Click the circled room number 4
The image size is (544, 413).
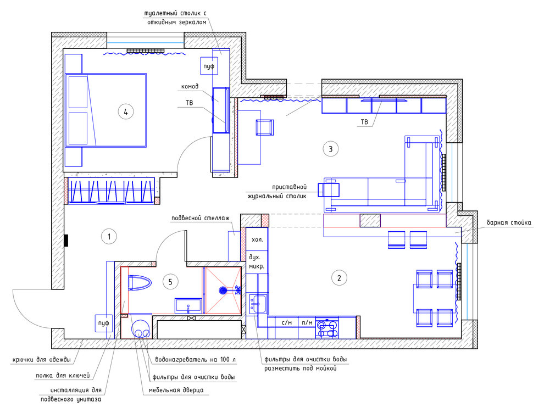[x=126, y=112]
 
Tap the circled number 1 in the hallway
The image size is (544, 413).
[x=109, y=237]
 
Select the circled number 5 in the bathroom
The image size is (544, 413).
[x=170, y=282]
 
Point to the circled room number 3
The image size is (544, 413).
[x=330, y=149]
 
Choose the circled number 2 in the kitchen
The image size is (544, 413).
[x=339, y=278]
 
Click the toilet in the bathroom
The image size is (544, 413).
[x=140, y=283]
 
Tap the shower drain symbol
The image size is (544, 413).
[x=223, y=290]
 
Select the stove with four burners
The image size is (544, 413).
[x=327, y=328]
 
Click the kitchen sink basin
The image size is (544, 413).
[x=257, y=303]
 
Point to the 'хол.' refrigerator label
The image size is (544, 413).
[x=257, y=239]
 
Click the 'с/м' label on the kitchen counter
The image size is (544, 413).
[x=287, y=322]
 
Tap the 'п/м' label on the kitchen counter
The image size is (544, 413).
[x=307, y=322]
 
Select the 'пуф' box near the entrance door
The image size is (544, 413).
[x=104, y=323]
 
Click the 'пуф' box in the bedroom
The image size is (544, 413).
[x=209, y=66]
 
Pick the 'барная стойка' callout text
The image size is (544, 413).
[x=509, y=222]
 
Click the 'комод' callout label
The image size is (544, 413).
[x=190, y=86]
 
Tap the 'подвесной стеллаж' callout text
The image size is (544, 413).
[x=201, y=218]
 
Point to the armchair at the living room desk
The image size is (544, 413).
[x=265, y=127]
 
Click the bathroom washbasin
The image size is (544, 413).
[x=188, y=305]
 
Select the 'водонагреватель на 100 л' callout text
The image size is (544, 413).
[x=195, y=360]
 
